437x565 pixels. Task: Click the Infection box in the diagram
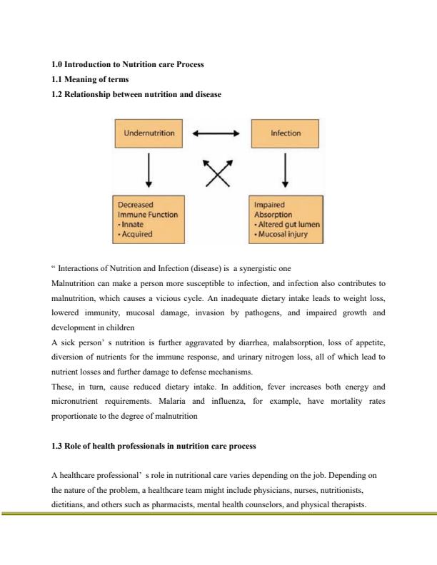pyautogui.click(x=286, y=133)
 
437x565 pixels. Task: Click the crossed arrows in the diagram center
pyautogui.click(x=217, y=172)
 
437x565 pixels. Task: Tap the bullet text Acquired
pyautogui.click(x=135, y=233)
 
